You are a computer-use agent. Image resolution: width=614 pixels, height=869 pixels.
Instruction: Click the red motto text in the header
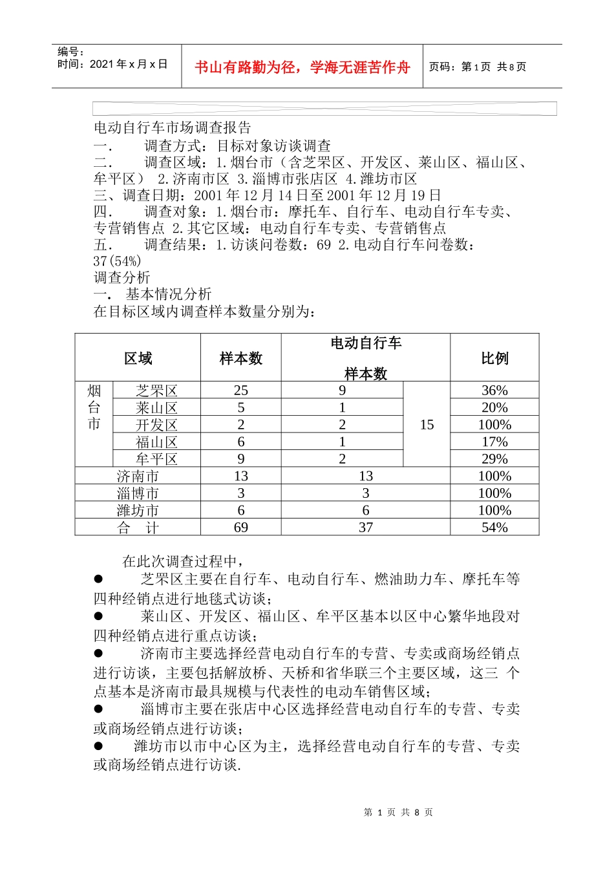pyautogui.click(x=302, y=67)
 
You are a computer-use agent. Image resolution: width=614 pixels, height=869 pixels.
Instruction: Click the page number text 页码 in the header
pyautogui.click(x=478, y=67)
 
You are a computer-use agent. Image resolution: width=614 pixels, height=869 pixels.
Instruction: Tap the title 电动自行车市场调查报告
pyautogui.click(x=172, y=127)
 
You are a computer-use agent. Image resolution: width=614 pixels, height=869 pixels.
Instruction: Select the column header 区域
pyautogui.click(x=138, y=358)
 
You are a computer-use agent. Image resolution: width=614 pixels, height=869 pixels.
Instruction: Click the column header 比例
pyautogui.click(x=494, y=358)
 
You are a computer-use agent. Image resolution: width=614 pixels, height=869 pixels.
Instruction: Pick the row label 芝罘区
pyautogui.click(x=156, y=391)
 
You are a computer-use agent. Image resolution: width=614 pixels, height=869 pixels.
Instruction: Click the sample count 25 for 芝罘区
pyautogui.click(x=241, y=391)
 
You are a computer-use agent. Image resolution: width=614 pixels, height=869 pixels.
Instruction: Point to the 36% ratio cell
pyautogui.click(x=494, y=391)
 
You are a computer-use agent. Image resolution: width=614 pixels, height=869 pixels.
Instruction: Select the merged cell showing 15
pyautogui.click(x=427, y=425)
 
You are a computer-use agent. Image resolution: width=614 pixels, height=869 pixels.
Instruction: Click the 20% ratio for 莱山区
pyautogui.click(x=494, y=407)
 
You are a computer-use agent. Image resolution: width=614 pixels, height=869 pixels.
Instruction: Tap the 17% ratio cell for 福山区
pyautogui.click(x=494, y=442)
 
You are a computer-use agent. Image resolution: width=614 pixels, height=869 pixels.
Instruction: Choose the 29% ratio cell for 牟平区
pyautogui.click(x=494, y=459)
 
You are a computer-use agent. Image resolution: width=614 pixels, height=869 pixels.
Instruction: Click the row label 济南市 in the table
pyautogui.click(x=138, y=477)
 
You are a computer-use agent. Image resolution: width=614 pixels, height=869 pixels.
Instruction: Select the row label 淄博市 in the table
pyautogui.click(x=138, y=493)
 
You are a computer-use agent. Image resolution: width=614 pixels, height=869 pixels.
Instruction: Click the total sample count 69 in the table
pyautogui.click(x=241, y=528)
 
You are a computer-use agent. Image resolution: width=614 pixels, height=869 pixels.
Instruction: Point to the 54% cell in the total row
pyautogui.click(x=494, y=528)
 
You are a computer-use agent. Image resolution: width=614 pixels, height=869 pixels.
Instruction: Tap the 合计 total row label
pyautogui.click(x=138, y=528)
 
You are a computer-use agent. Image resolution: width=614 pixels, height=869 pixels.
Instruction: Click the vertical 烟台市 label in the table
pyautogui.click(x=94, y=407)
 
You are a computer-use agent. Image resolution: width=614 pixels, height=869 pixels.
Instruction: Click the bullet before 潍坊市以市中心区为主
pyautogui.click(x=98, y=746)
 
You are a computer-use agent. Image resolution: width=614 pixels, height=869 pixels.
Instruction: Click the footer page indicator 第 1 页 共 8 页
pyautogui.click(x=398, y=812)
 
